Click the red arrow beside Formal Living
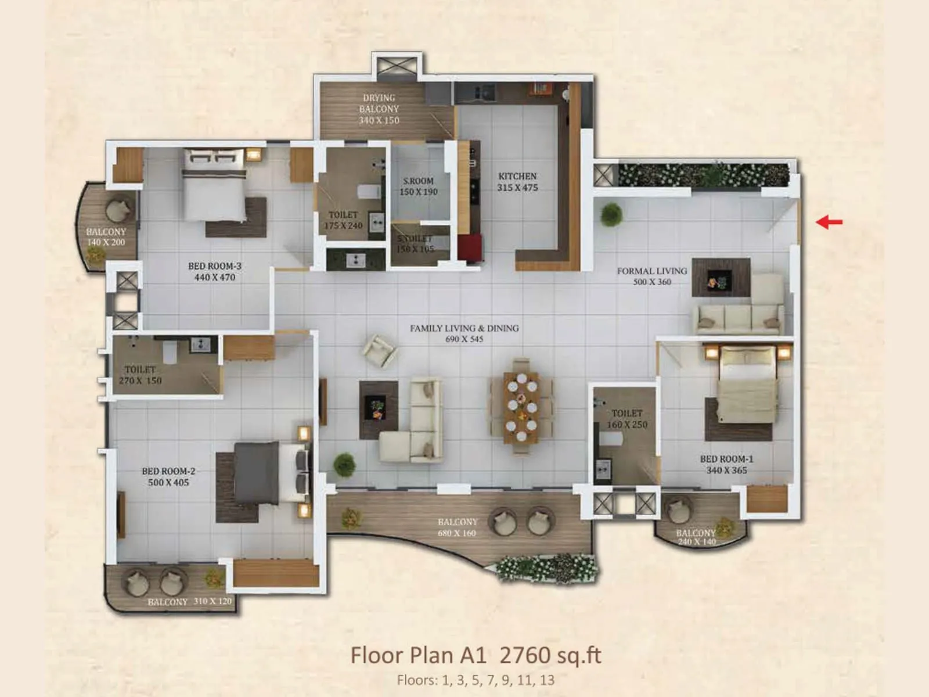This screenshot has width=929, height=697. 829,221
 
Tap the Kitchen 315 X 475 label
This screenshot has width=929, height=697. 517,182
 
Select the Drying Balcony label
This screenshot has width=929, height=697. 379,109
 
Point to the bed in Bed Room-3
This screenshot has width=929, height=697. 214,184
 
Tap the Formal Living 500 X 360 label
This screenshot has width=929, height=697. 651,276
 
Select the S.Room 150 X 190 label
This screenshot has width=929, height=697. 418,186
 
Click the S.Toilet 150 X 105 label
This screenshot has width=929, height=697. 415,244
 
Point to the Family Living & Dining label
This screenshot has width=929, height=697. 464,333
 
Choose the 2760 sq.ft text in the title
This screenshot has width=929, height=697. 550,655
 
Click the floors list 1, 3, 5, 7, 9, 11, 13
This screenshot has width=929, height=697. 476,680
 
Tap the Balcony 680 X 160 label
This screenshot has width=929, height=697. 458,527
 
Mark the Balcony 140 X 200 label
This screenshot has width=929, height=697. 106,237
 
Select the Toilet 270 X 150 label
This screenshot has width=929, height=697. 141,375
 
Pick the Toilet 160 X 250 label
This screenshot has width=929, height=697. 627,419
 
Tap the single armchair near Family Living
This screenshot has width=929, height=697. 380,349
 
